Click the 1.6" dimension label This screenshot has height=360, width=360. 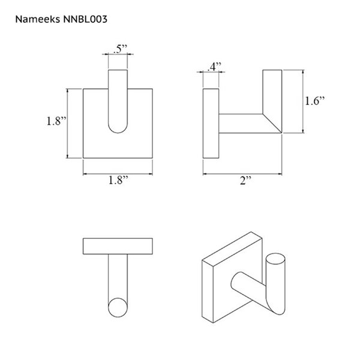[314, 101]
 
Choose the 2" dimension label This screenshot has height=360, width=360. [243, 182]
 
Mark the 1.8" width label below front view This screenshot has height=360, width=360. [118, 179]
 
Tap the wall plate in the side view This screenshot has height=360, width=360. [211, 124]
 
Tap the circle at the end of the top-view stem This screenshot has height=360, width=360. [118, 309]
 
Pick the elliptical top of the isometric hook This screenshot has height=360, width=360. [277, 260]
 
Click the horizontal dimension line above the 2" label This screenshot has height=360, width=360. [243, 174]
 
